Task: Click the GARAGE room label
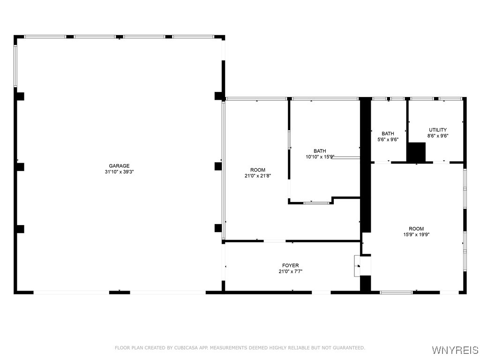119,166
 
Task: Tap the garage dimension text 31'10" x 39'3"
119,172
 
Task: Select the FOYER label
291,265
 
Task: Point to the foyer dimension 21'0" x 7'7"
291,271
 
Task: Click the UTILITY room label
438,130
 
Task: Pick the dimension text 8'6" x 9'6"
438,136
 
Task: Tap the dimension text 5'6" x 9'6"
388,140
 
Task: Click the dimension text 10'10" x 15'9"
320,157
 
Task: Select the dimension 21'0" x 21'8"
258,176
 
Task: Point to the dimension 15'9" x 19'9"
416,235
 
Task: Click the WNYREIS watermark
455,350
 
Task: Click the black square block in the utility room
416,152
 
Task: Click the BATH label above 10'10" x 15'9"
320,151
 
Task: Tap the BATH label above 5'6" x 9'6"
388,134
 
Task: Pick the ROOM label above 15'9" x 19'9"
416,229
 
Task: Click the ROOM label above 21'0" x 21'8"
258,170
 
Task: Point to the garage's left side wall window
15,66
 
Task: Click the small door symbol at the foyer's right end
358,266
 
